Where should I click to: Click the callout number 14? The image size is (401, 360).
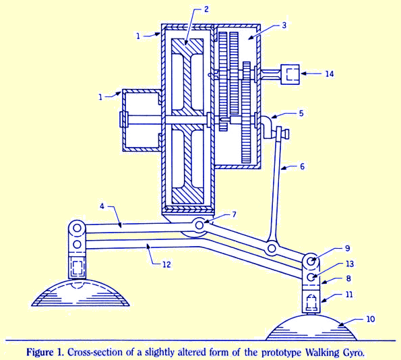coord(330,73)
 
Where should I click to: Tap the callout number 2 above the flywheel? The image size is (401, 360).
coord(206,9)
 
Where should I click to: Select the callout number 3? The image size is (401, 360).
coord(284,26)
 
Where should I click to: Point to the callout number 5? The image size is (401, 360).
coord(301,113)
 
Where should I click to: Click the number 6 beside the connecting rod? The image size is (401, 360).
coord(303,167)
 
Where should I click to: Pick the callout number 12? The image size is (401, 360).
coord(166,264)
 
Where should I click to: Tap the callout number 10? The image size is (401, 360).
coord(371,319)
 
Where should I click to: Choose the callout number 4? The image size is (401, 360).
coord(102,206)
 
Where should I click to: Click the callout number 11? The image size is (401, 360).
coord(349,295)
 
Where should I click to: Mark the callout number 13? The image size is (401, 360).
coord(350,264)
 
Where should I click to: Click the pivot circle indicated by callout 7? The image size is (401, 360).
coord(199,225)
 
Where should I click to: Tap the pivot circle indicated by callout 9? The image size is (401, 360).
coord(311,262)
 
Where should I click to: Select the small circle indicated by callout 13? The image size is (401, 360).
coord(311,277)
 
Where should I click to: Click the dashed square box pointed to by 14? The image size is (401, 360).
coord(292,74)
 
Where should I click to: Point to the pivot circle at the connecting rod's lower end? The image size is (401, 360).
coord(272,248)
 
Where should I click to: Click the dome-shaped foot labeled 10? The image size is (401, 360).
coord(311,329)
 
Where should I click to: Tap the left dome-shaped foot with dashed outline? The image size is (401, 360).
coord(80,293)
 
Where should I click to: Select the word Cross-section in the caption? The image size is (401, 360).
coord(94,353)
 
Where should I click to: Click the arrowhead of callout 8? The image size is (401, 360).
coord(323,282)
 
